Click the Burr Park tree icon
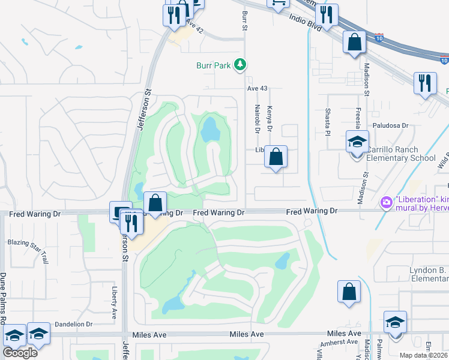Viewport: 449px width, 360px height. point(240,64)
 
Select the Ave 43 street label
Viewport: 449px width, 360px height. point(256,88)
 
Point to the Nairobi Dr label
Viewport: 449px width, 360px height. point(257,118)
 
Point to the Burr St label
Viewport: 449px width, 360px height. point(244,19)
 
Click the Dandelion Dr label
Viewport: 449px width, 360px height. point(74,324)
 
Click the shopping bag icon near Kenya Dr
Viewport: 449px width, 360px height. point(276,157)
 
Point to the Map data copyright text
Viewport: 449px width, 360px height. point(424,355)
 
